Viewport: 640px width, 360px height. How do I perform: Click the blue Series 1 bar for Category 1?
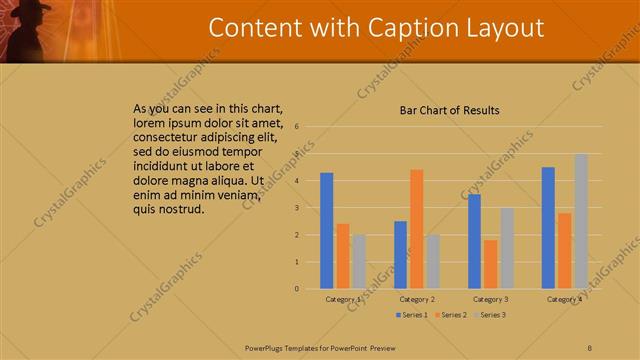(327, 231)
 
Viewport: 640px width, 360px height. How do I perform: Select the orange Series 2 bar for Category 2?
(416, 229)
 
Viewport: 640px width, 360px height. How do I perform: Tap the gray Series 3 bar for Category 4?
(581, 221)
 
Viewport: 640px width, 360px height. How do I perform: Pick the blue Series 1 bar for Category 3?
(474, 241)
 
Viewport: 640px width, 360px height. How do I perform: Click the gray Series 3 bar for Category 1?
(359, 261)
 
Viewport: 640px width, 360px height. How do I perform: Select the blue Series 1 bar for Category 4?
(548, 228)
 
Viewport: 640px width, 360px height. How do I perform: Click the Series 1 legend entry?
(412, 315)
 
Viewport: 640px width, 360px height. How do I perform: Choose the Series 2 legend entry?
(451, 315)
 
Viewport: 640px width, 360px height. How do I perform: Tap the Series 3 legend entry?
(490, 315)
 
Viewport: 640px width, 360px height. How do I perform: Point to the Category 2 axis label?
(416, 299)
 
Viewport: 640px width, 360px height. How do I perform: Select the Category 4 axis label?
(564, 299)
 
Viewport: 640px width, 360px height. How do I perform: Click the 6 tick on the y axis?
(297, 127)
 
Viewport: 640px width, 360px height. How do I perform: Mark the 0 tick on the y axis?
(297, 289)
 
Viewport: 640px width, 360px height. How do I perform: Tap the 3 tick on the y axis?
(297, 208)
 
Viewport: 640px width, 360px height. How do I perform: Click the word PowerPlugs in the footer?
(265, 346)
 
